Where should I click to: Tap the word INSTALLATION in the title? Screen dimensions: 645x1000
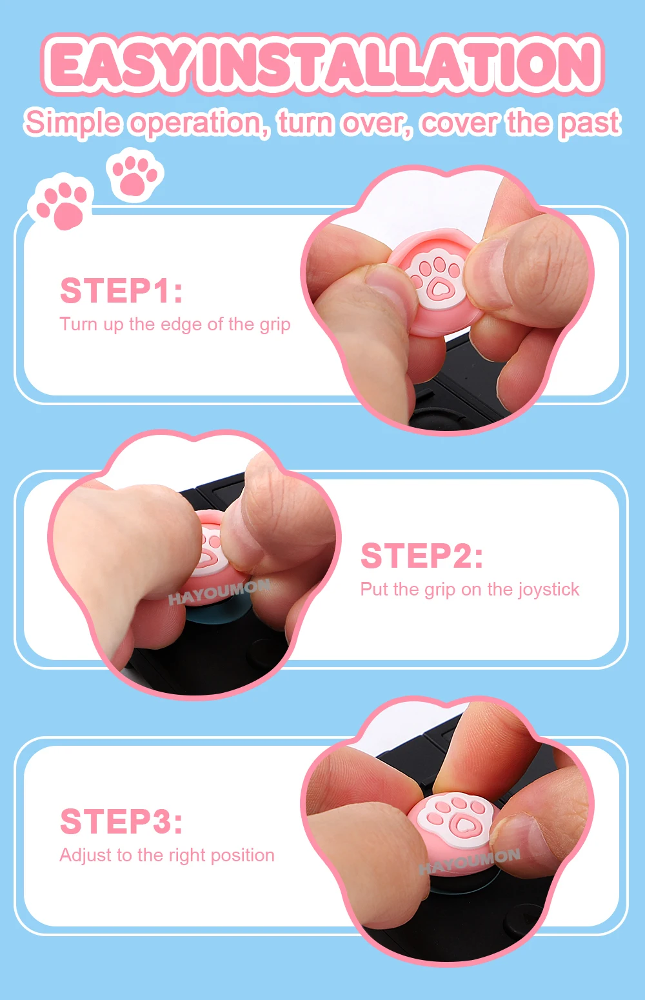[399, 65]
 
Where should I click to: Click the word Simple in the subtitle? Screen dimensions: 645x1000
[72, 123]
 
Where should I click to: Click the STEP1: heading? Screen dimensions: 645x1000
[121, 291]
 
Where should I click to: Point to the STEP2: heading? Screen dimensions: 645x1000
[422, 555]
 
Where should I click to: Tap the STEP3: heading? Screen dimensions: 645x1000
[121, 821]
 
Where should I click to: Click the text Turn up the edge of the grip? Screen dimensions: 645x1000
[175, 325]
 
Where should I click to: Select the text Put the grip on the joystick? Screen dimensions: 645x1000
[470, 590]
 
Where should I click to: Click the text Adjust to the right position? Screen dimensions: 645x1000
[167, 855]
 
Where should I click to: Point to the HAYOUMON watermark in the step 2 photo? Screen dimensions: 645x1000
[219, 592]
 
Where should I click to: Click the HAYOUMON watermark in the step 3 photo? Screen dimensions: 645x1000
[470, 861]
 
